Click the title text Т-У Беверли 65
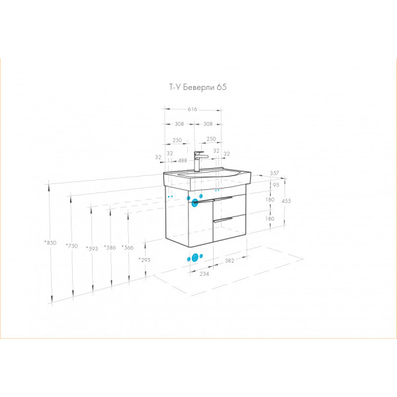click(198, 87)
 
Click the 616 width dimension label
click(193, 109)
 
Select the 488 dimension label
click(183, 161)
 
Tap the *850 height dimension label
click(50, 243)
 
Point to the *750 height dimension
click(71, 245)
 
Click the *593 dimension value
click(92, 249)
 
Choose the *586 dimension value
click(110, 247)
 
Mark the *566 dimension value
click(128, 247)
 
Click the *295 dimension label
click(144, 260)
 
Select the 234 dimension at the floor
click(204, 274)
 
